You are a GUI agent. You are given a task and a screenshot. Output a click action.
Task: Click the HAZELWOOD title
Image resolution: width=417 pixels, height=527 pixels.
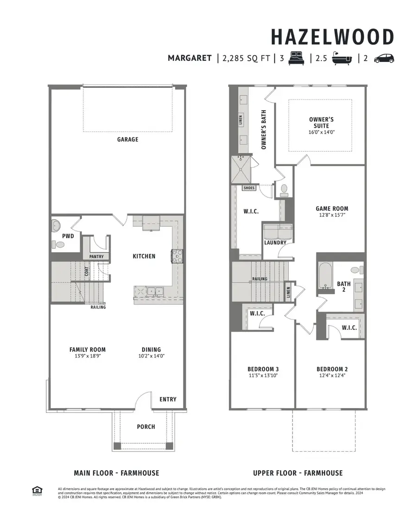point(332,37)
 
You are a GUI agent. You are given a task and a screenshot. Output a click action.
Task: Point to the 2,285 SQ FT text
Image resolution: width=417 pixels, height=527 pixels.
point(246,58)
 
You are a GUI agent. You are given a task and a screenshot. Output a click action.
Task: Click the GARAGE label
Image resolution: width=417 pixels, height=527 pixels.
point(127,139)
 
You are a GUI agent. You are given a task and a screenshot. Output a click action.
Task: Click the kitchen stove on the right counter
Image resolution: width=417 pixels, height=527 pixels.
point(177,256)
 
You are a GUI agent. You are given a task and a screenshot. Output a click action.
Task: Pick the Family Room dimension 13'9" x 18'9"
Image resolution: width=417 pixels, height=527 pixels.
point(88,356)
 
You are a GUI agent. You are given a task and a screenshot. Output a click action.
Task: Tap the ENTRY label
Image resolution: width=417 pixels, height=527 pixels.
point(168,399)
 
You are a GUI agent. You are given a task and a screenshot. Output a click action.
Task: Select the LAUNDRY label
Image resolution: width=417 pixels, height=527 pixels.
point(275,242)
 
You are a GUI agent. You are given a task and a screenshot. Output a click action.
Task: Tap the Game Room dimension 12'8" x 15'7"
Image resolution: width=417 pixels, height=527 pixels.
point(332,215)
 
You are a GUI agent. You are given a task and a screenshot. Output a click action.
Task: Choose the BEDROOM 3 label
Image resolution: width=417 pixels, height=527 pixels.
point(263,369)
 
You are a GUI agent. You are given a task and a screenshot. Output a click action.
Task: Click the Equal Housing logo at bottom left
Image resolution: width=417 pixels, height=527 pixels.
point(36,490)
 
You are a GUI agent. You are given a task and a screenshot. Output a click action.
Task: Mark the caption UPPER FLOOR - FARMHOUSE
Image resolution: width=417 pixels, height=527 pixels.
point(298,473)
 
